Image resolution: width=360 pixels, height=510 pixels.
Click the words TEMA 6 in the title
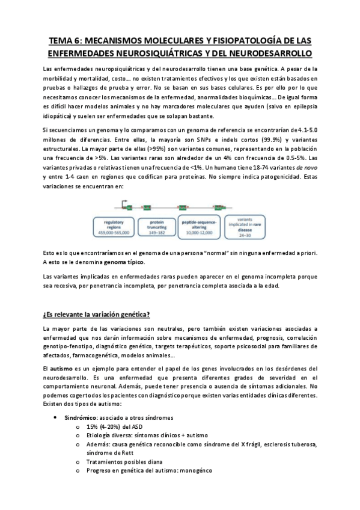coord(67,41)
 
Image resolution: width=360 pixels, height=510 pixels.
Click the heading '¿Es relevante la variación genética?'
coord(96,315)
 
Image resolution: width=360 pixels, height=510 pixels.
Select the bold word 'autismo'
coord(63,367)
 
